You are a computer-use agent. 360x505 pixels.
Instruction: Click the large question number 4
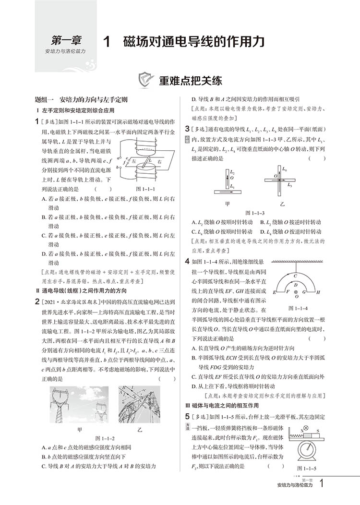(x=186, y=262)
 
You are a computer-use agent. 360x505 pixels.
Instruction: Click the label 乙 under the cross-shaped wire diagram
(x=283, y=204)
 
